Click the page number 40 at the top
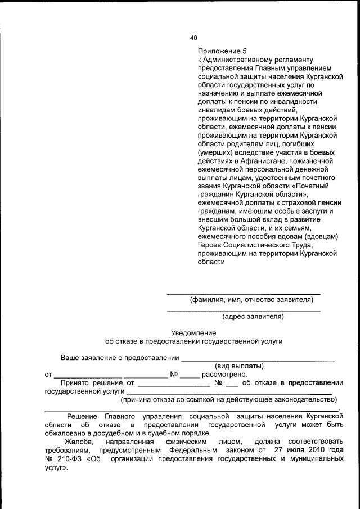pos(194,38)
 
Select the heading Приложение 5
pos(222,50)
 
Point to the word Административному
pos(241,59)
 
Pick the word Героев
pos(210,245)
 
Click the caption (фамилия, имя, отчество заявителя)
pos(251,300)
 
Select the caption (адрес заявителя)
pos(253,317)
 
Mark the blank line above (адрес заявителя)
pos(244,310)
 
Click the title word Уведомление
pos(194,333)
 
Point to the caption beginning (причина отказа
pos(229,400)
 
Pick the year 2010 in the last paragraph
pos(314,451)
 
